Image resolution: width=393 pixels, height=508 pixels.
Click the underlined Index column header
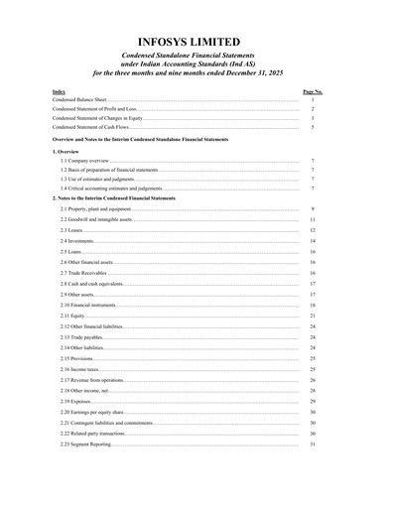pos(59,91)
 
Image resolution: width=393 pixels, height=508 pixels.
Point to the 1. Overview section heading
pos(66,150)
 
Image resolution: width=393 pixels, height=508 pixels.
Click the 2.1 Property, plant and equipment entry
pos(95,208)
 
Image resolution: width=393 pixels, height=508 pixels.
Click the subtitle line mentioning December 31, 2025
pos(196,72)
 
